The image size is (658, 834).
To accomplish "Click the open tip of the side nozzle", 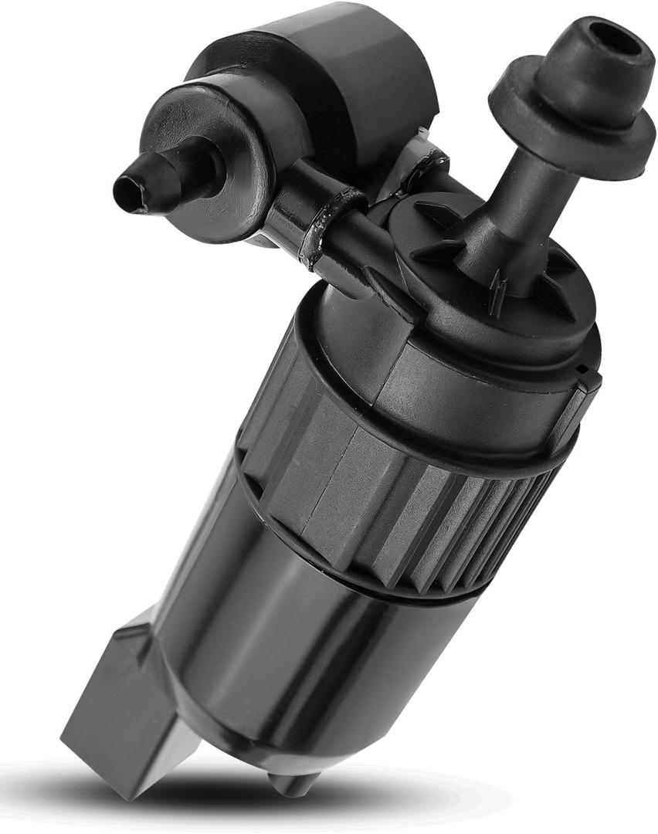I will point(127,189).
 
